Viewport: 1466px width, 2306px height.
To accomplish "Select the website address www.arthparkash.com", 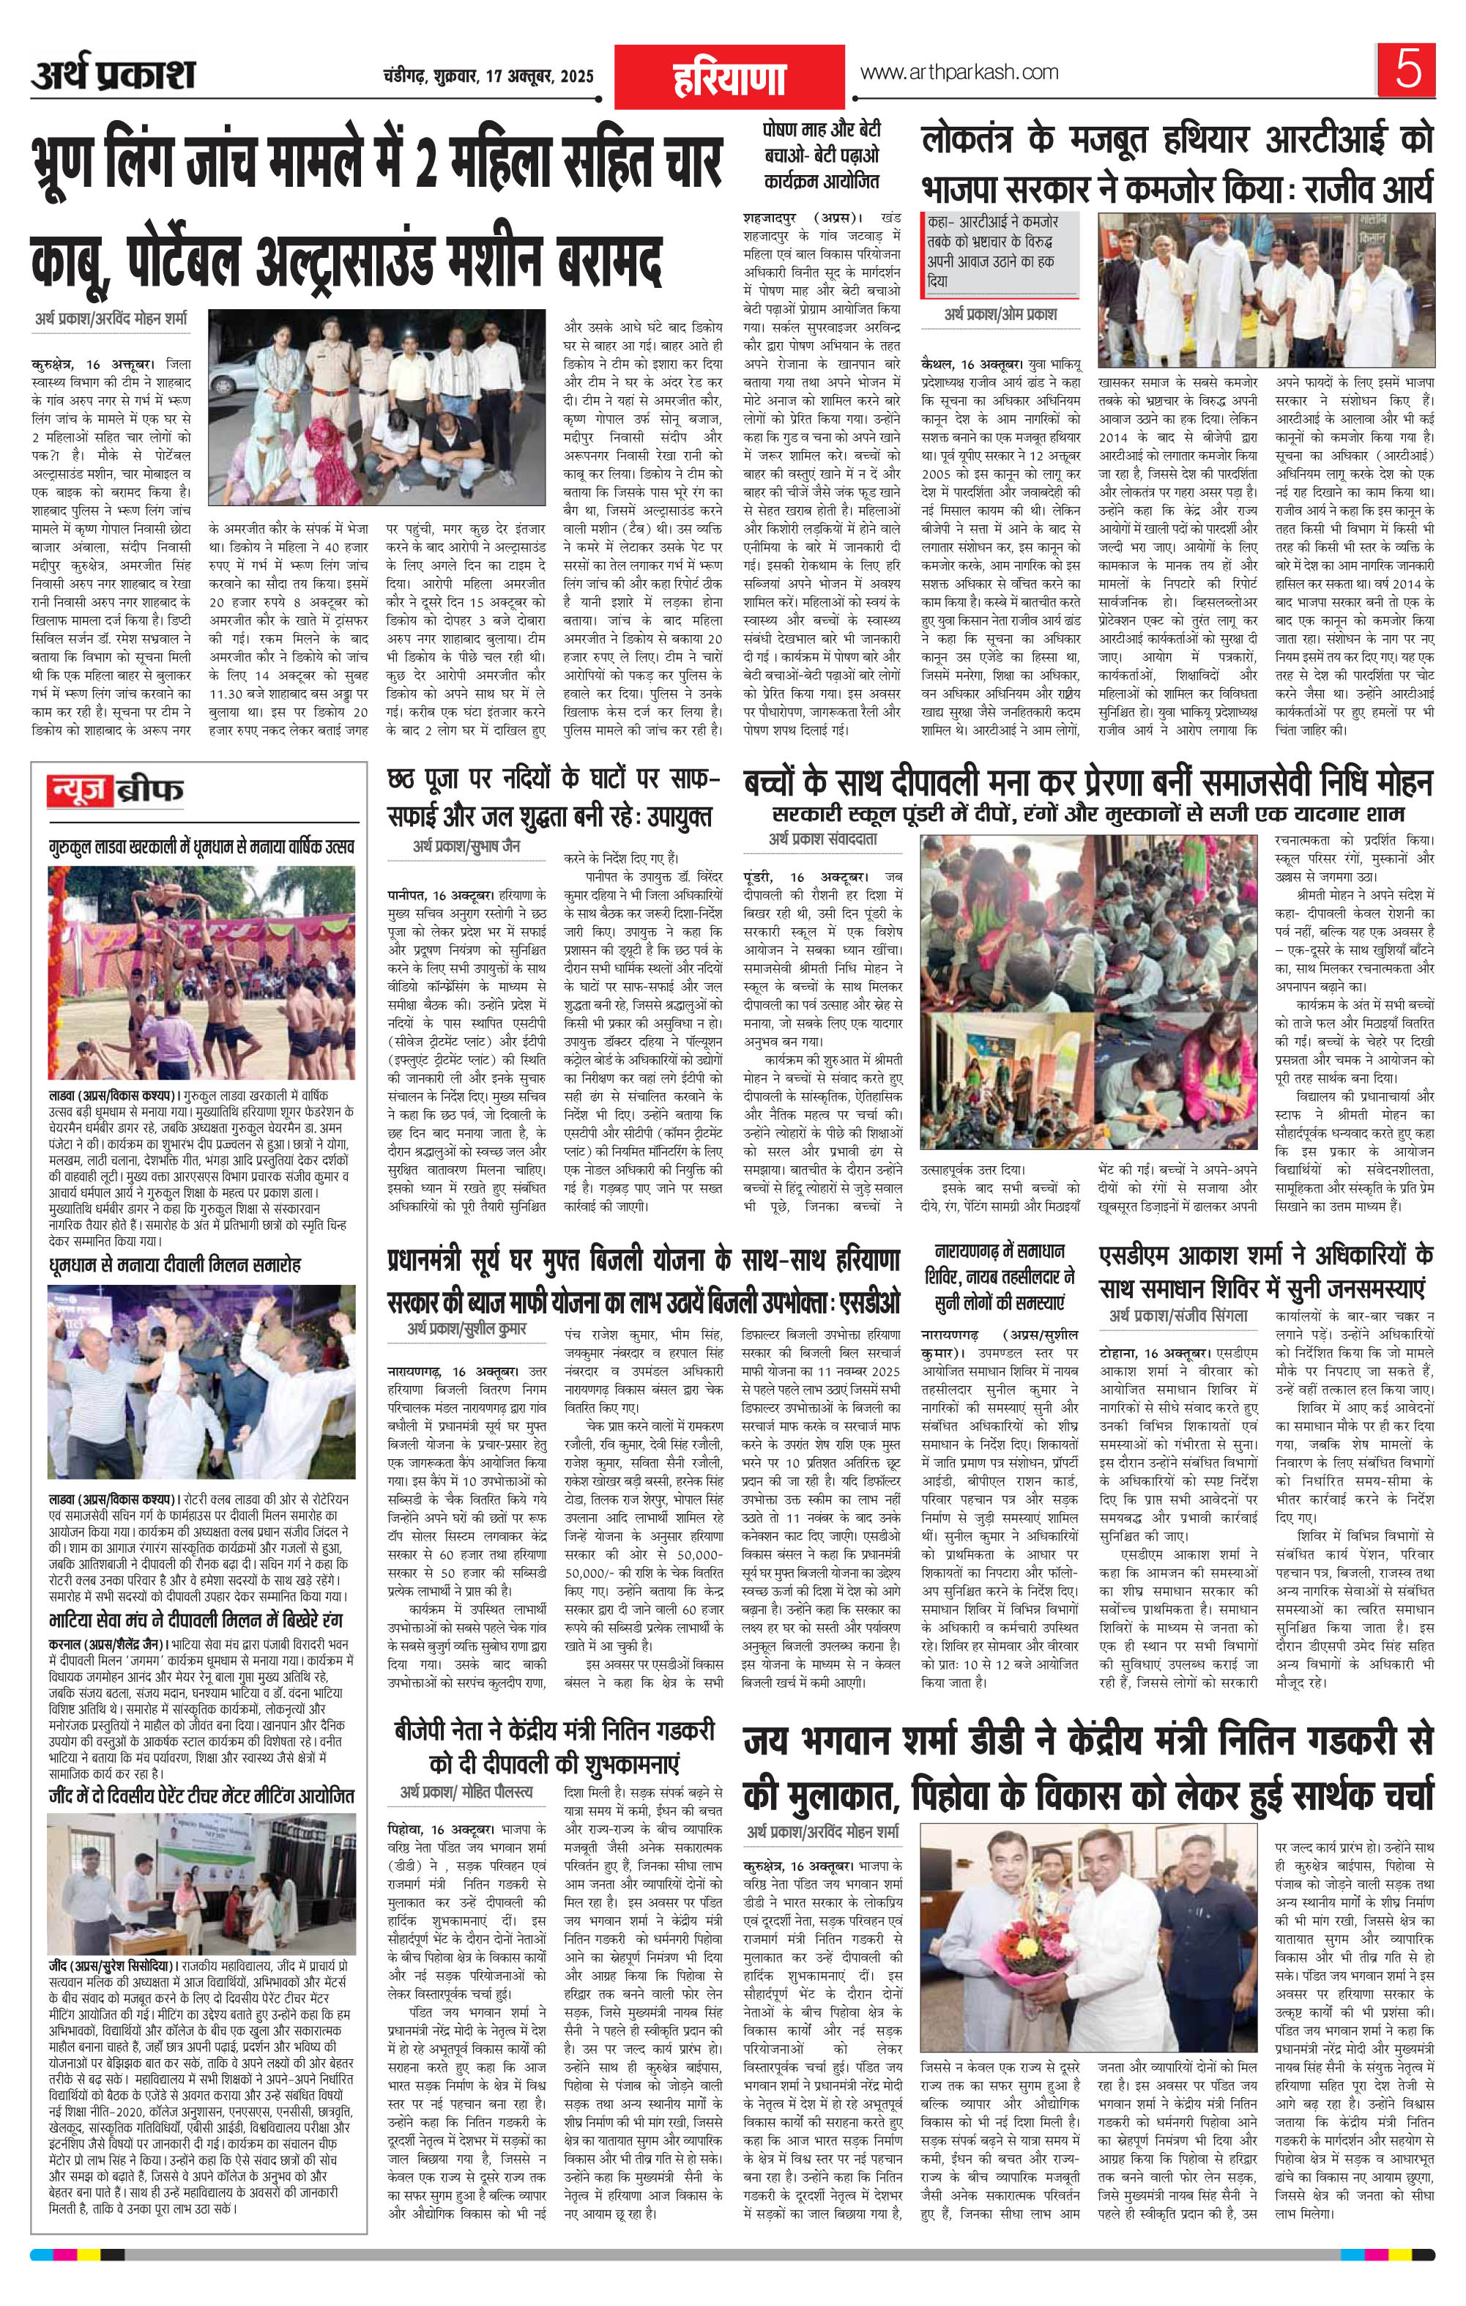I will [959, 73].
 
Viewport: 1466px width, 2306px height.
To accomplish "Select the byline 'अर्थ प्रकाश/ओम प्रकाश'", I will [1000, 314].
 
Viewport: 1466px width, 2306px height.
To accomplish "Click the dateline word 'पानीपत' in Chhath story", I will [409, 892].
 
